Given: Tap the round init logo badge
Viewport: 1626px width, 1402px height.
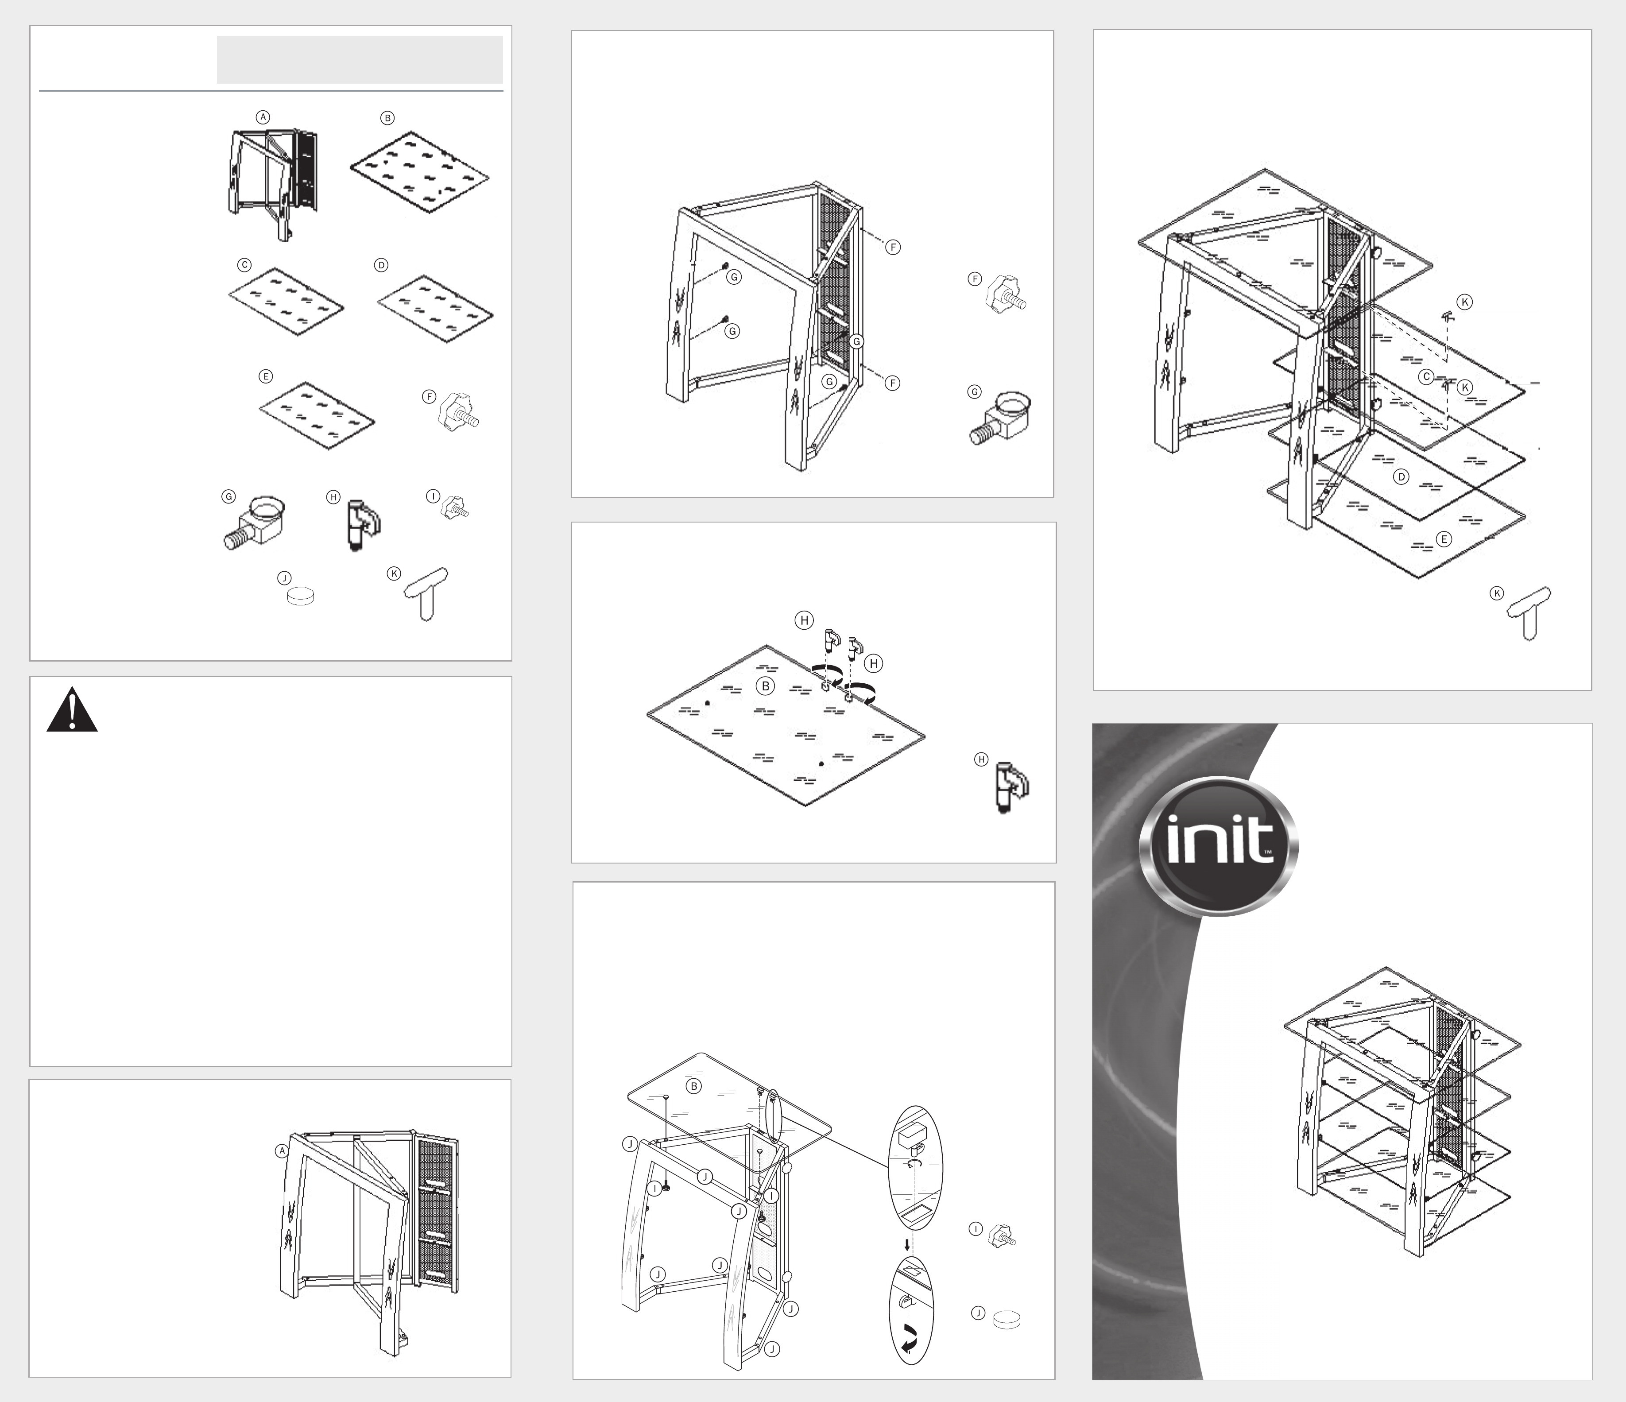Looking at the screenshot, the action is [x=1218, y=846].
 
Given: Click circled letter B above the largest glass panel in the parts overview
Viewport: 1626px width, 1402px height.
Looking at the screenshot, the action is [x=387, y=118].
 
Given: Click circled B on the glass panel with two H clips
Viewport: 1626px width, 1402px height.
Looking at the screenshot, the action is [x=765, y=686].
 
